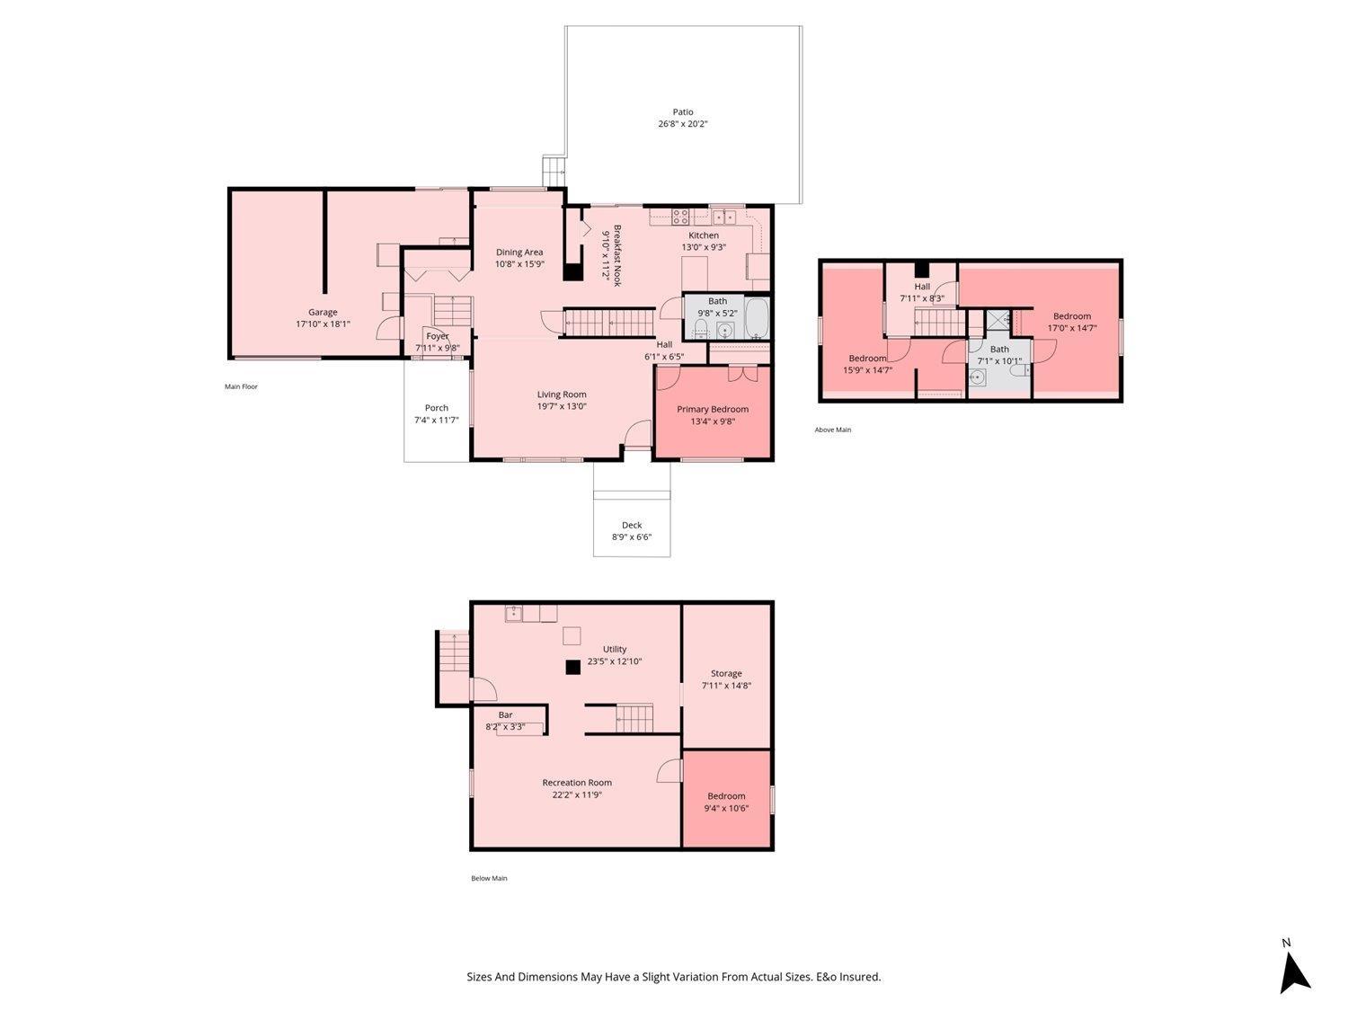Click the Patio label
682,112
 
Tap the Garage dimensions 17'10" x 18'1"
323,324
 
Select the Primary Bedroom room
712,413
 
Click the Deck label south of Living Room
632,526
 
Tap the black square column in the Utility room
572,667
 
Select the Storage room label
726,673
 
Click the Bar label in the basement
505,715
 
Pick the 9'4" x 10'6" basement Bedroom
726,802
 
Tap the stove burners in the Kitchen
681,217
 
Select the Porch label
437,408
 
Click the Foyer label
437,336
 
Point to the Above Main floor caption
832,430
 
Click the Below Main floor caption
489,878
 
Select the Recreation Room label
577,783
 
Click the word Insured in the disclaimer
860,977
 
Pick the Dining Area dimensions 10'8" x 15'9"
519,264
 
